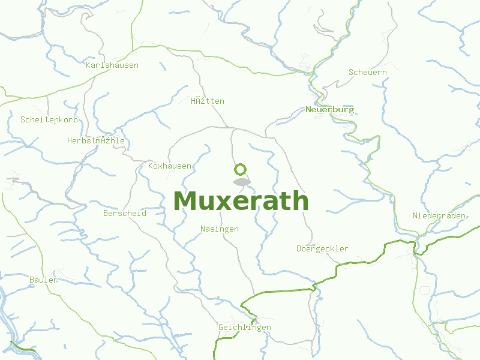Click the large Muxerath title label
pyautogui.click(x=241, y=201)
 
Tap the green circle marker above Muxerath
pyautogui.click(x=241, y=169)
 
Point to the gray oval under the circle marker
pyautogui.click(x=241, y=182)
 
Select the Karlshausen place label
pyautogui.click(x=112, y=65)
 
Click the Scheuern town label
pyautogui.click(x=367, y=72)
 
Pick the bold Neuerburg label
pyautogui.click(x=329, y=110)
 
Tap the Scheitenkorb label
pyautogui.click(x=49, y=119)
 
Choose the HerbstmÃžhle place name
pyautogui.click(x=96, y=141)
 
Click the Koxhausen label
pyautogui.click(x=170, y=166)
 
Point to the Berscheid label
pyautogui.click(x=125, y=213)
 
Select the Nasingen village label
pyautogui.click(x=220, y=229)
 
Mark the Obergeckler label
pyautogui.click(x=322, y=248)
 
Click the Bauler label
pyautogui.click(x=44, y=280)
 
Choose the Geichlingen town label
pyautogui.click(x=245, y=327)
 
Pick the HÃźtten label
pyautogui.click(x=208, y=101)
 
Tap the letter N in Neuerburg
pyautogui.click(x=308, y=110)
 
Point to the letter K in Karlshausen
pyautogui.click(x=89, y=65)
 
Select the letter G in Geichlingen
pyautogui.click(x=221, y=327)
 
